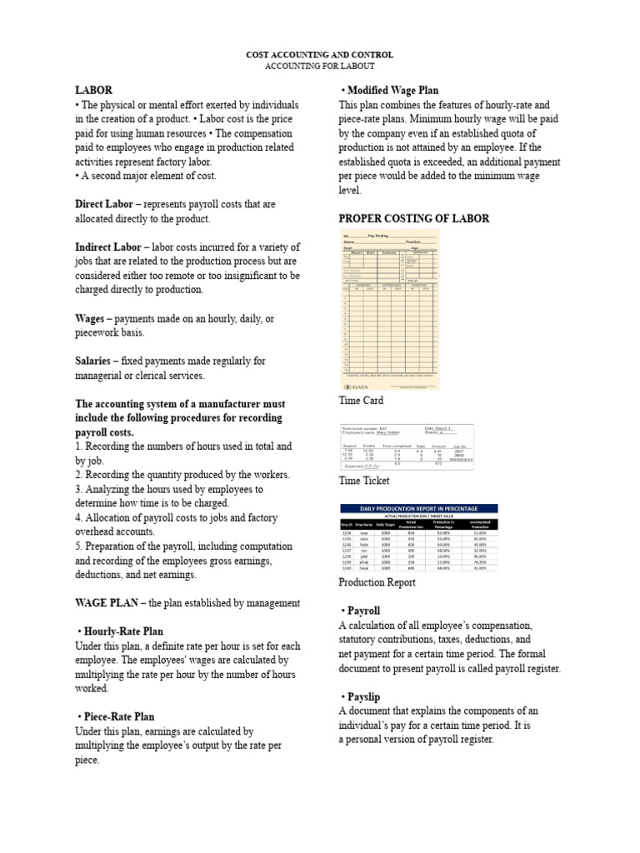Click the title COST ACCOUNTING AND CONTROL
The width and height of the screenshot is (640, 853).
click(319, 54)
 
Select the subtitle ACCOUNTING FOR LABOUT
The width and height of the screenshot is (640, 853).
click(319, 66)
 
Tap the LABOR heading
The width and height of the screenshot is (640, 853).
click(93, 90)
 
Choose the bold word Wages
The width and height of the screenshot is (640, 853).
click(89, 319)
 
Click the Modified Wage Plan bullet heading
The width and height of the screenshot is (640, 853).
click(390, 90)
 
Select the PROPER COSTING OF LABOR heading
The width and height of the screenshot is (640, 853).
click(413, 218)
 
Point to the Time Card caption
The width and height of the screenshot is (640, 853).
click(361, 401)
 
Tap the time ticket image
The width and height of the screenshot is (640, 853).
click(407, 446)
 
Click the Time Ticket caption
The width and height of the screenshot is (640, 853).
click(365, 481)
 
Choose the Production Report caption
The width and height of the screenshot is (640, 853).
click(377, 582)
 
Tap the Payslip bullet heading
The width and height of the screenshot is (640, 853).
click(362, 696)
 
